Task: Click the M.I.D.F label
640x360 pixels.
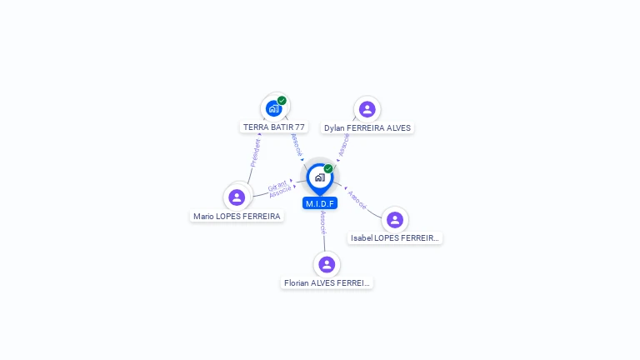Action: click(320, 203)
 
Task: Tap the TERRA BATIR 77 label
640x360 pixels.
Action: click(273, 127)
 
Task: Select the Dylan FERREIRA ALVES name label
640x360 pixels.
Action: click(367, 128)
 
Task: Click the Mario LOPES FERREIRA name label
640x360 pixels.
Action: click(237, 216)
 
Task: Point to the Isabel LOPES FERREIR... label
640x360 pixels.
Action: click(394, 238)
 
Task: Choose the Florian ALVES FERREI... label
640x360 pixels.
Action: click(327, 283)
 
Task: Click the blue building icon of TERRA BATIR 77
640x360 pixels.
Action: click(273, 108)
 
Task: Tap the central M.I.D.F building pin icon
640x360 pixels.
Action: click(319, 177)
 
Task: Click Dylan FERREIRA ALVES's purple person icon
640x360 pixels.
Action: click(367, 109)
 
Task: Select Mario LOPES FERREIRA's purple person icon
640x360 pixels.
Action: click(237, 197)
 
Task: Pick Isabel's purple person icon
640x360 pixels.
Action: click(395, 220)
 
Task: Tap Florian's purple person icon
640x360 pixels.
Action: click(327, 264)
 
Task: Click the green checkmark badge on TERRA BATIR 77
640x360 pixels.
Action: click(282, 101)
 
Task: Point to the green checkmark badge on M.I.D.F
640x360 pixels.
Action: click(328, 169)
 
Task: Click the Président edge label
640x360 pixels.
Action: click(256, 152)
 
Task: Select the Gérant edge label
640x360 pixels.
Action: click(277, 186)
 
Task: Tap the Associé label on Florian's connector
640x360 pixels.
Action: click(323, 221)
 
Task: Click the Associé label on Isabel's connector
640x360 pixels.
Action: click(357, 198)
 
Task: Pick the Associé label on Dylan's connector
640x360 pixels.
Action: click(344, 146)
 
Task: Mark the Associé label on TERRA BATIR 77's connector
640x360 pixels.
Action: click(297, 144)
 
